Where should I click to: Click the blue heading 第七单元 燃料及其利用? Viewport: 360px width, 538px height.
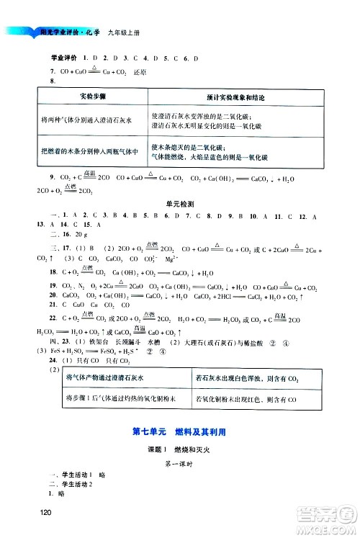[x=179, y=433]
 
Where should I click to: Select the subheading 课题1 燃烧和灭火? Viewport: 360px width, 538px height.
[x=180, y=449]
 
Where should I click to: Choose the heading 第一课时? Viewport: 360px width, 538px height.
[x=180, y=465]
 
